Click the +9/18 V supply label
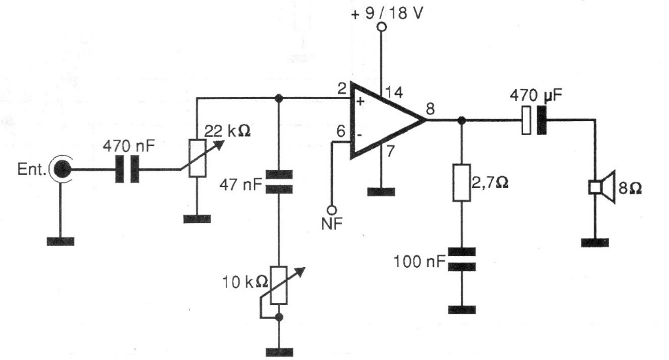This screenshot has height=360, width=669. pos(387,12)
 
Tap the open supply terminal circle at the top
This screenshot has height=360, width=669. pos(381,28)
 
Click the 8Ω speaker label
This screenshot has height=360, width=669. pos(630,187)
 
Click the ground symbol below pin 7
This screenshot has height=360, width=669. pos(381,191)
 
